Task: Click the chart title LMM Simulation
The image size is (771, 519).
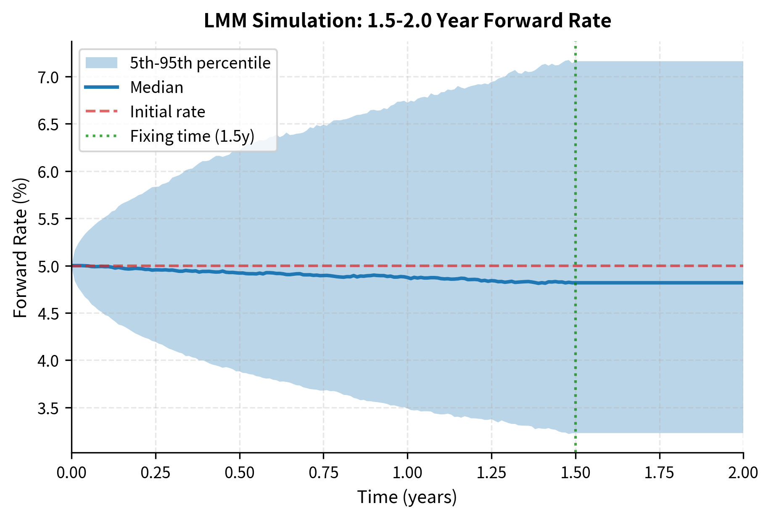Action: [407, 21]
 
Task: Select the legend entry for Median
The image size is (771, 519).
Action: [156, 87]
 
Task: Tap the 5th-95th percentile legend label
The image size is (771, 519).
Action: [200, 63]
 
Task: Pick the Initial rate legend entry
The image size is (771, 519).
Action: [167, 112]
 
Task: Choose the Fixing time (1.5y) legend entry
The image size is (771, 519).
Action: [192, 136]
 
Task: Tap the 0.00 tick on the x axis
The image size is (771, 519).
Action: [71, 472]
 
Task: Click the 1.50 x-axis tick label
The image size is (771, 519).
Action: [576, 472]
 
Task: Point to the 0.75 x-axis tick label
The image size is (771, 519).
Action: [323, 472]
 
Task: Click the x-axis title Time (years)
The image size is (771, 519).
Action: [407, 497]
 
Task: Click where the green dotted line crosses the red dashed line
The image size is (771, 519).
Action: [576, 266]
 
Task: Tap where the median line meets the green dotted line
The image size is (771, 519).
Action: [576, 283]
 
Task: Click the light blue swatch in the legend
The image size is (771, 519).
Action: [101, 63]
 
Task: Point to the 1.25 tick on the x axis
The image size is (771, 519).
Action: [491, 472]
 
